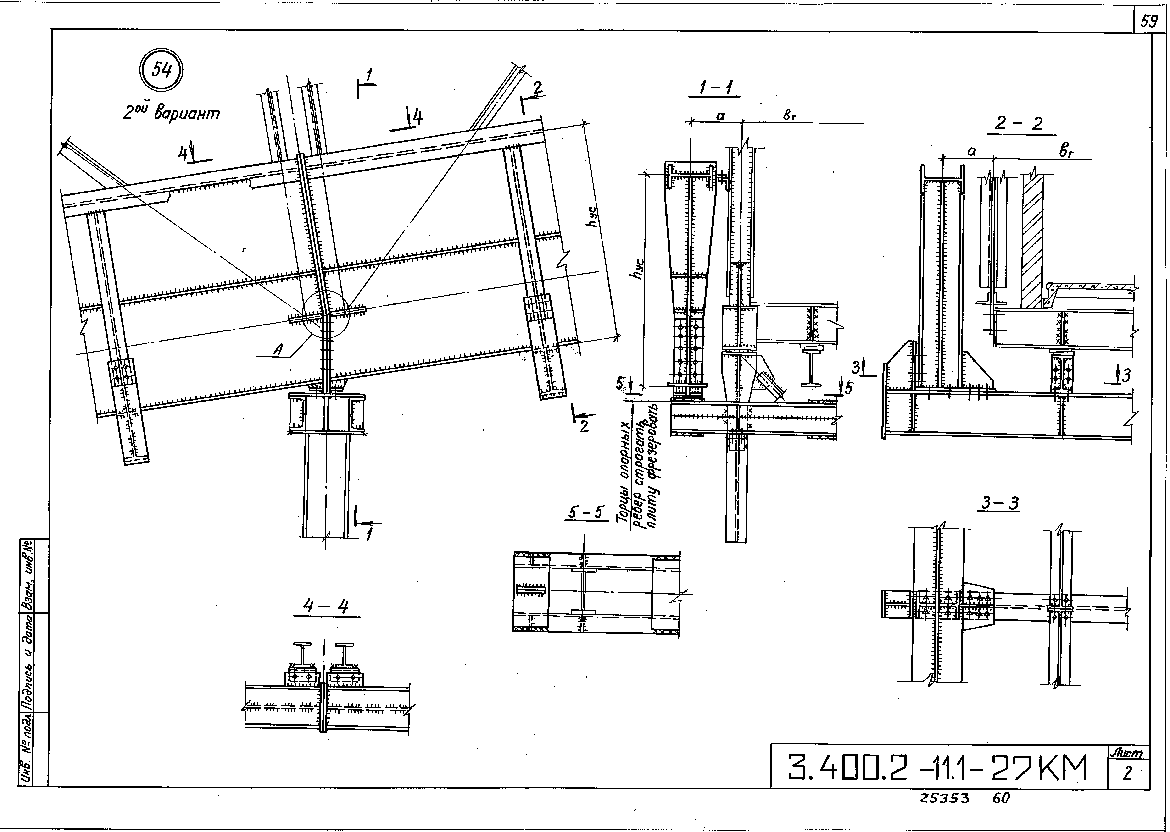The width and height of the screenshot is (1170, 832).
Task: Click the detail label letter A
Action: [x=278, y=349]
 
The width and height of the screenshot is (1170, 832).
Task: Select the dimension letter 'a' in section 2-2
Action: [x=971, y=152]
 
